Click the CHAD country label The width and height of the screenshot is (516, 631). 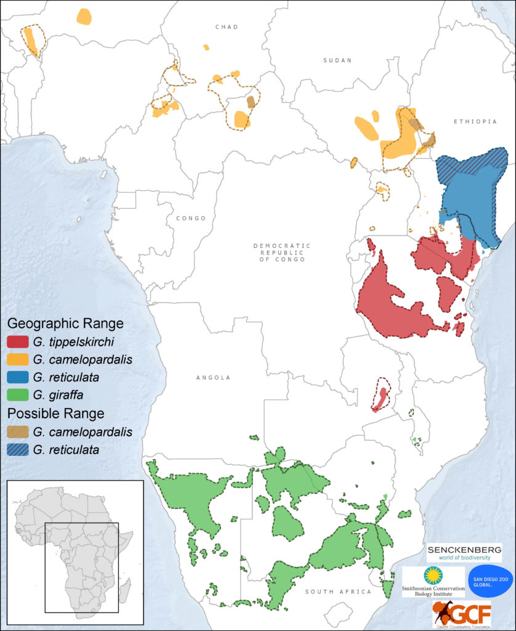pyautogui.click(x=227, y=27)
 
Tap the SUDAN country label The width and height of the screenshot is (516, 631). pyautogui.click(x=337, y=60)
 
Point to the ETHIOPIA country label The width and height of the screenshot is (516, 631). pyautogui.click(x=475, y=122)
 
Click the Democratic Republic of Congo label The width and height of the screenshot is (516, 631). pyautogui.click(x=282, y=253)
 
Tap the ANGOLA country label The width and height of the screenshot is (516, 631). pyautogui.click(x=213, y=378)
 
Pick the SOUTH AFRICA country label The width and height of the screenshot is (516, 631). pyautogui.click(x=339, y=592)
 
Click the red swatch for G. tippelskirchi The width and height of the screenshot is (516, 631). pyautogui.click(x=17, y=342)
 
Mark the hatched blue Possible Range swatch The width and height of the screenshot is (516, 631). pyautogui.click(x=17, y=450)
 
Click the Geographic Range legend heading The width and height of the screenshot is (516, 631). pyautogui.click(x=65, y=324)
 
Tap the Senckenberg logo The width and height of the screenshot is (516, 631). pyautogui.click(x=464, y=552)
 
